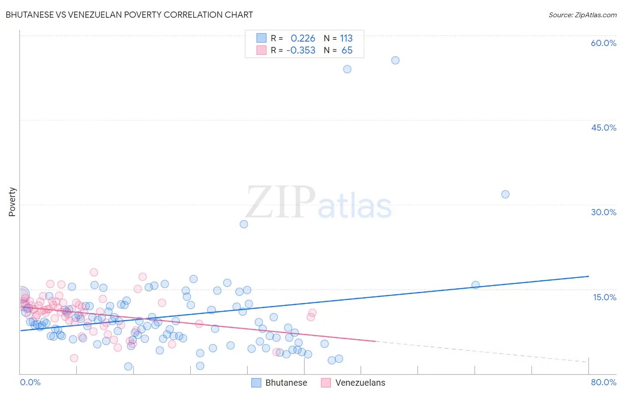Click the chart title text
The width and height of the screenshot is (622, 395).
129,15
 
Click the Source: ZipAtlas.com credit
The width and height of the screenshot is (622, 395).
582,15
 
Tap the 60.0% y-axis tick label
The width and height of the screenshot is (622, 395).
603,43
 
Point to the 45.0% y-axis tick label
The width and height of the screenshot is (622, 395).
603,128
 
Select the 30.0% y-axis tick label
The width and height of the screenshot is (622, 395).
603,212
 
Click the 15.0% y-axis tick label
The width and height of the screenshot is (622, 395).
604,297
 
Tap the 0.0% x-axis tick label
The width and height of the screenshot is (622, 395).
30,382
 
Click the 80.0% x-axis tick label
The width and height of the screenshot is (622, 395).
603,382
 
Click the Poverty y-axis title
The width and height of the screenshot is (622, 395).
12,202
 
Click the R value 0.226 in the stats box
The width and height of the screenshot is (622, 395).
303,39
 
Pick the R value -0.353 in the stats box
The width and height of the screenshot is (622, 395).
301,50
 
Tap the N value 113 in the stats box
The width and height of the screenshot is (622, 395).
346,39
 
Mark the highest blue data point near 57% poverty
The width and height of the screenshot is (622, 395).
395,60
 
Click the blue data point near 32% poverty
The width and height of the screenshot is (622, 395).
505,194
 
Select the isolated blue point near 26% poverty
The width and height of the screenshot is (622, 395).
244,224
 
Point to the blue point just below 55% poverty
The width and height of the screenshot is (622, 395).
347,69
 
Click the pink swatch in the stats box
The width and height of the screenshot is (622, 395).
261,50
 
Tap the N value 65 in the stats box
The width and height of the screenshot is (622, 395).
347,50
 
